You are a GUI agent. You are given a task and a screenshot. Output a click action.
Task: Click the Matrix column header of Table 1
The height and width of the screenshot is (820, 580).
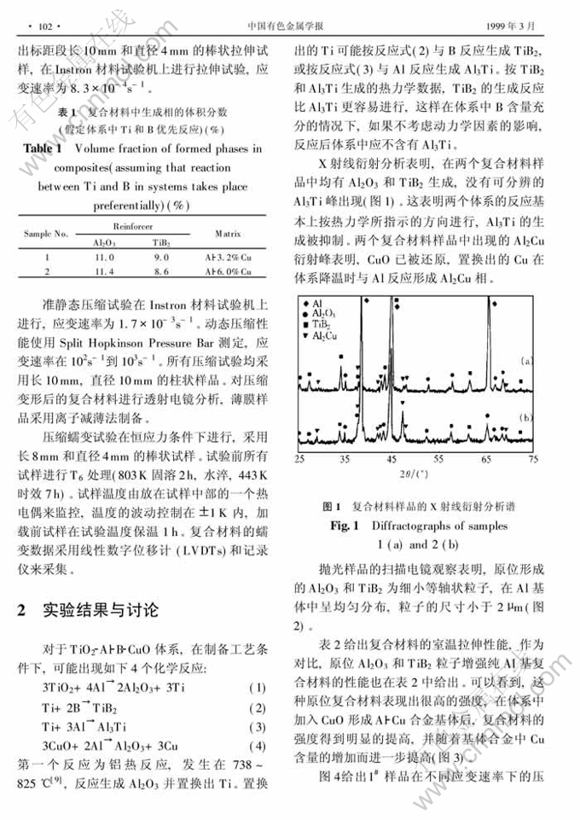pyautogui.click(x=226, y=231)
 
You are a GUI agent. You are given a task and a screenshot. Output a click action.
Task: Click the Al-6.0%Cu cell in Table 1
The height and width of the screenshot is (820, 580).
pyautogui.click(x=226, y=271)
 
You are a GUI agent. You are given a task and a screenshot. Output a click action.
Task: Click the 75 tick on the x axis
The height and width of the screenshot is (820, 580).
pyautogui.click(x=533, y=459)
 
